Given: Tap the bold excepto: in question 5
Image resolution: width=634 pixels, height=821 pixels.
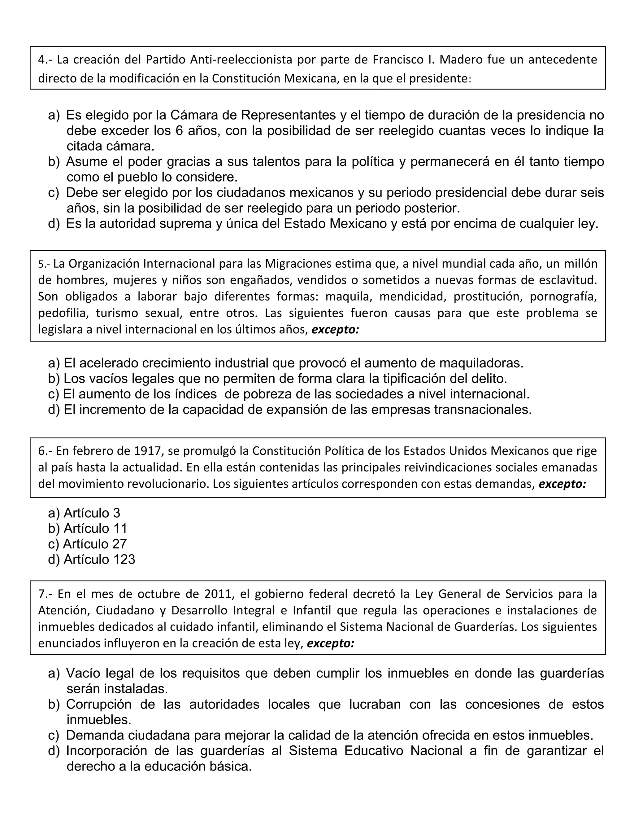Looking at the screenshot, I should click(335, 330).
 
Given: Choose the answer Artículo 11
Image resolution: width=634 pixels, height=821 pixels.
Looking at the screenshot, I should click(95, 529).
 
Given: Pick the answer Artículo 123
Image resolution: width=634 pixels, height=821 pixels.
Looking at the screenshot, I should click(99, 559).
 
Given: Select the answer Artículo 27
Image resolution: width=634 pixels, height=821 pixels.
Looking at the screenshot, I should click(95, 544).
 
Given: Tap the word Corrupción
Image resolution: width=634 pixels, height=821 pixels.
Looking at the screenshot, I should click(99, 704).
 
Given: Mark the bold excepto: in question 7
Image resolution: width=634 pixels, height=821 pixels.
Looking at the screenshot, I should click(331, 643).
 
